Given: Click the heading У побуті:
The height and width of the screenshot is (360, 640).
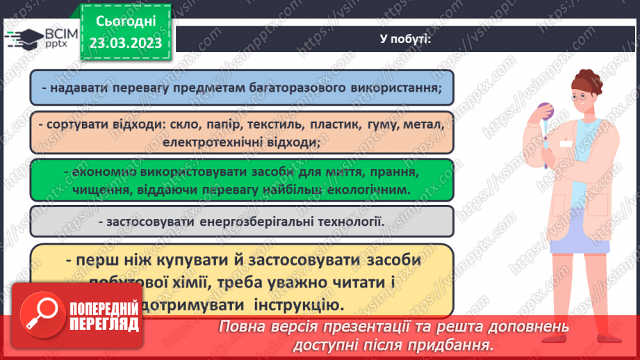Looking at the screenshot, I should pyautogui.click(x=407, y=39).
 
